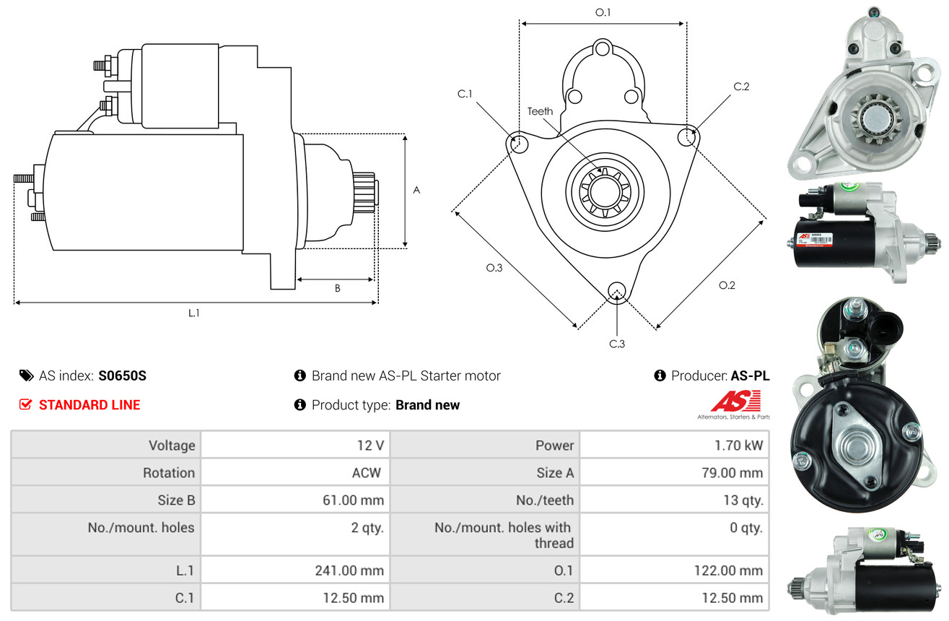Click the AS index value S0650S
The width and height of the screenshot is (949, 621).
pos(123,375)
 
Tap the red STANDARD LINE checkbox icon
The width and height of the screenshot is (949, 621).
pos(26,404)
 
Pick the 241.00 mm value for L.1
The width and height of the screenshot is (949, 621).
pos(349,570)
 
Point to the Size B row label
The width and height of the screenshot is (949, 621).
pos(176,500)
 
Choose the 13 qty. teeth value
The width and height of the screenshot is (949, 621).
pos(743,500)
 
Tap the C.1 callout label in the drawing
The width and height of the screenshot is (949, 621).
pos(464,94)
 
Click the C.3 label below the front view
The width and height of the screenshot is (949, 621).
pos(616,344)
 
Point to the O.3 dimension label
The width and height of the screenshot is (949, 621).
pos(494,268)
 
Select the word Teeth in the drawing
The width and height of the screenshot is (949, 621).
pos(540,111)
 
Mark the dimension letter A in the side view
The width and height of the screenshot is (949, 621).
pos(416,191)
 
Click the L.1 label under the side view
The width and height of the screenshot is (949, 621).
pos(194,313)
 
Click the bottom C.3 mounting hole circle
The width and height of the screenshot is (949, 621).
pos(616,291)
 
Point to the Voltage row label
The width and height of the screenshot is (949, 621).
pos(172,446)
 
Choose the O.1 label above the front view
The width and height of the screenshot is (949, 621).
pos(603,12)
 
